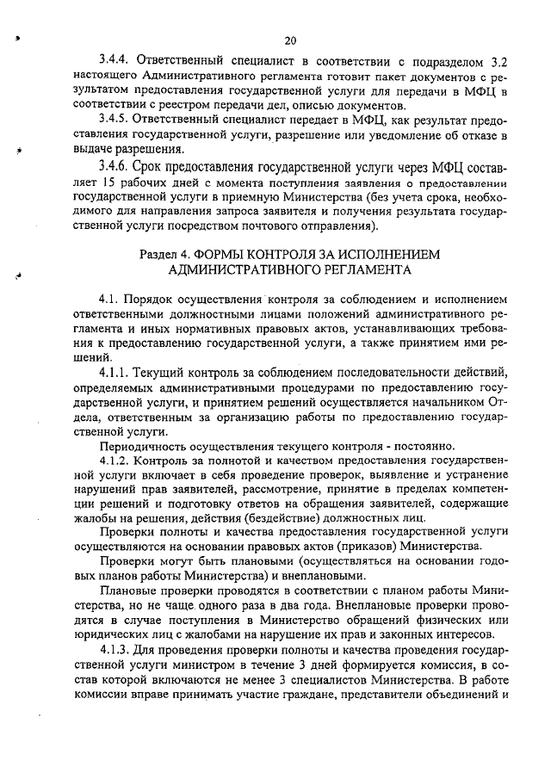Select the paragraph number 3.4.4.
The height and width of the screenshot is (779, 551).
(x=115, y=60)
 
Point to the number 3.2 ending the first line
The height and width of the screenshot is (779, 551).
(x=498, y=60)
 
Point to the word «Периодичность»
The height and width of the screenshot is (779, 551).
(x=143, y=446)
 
